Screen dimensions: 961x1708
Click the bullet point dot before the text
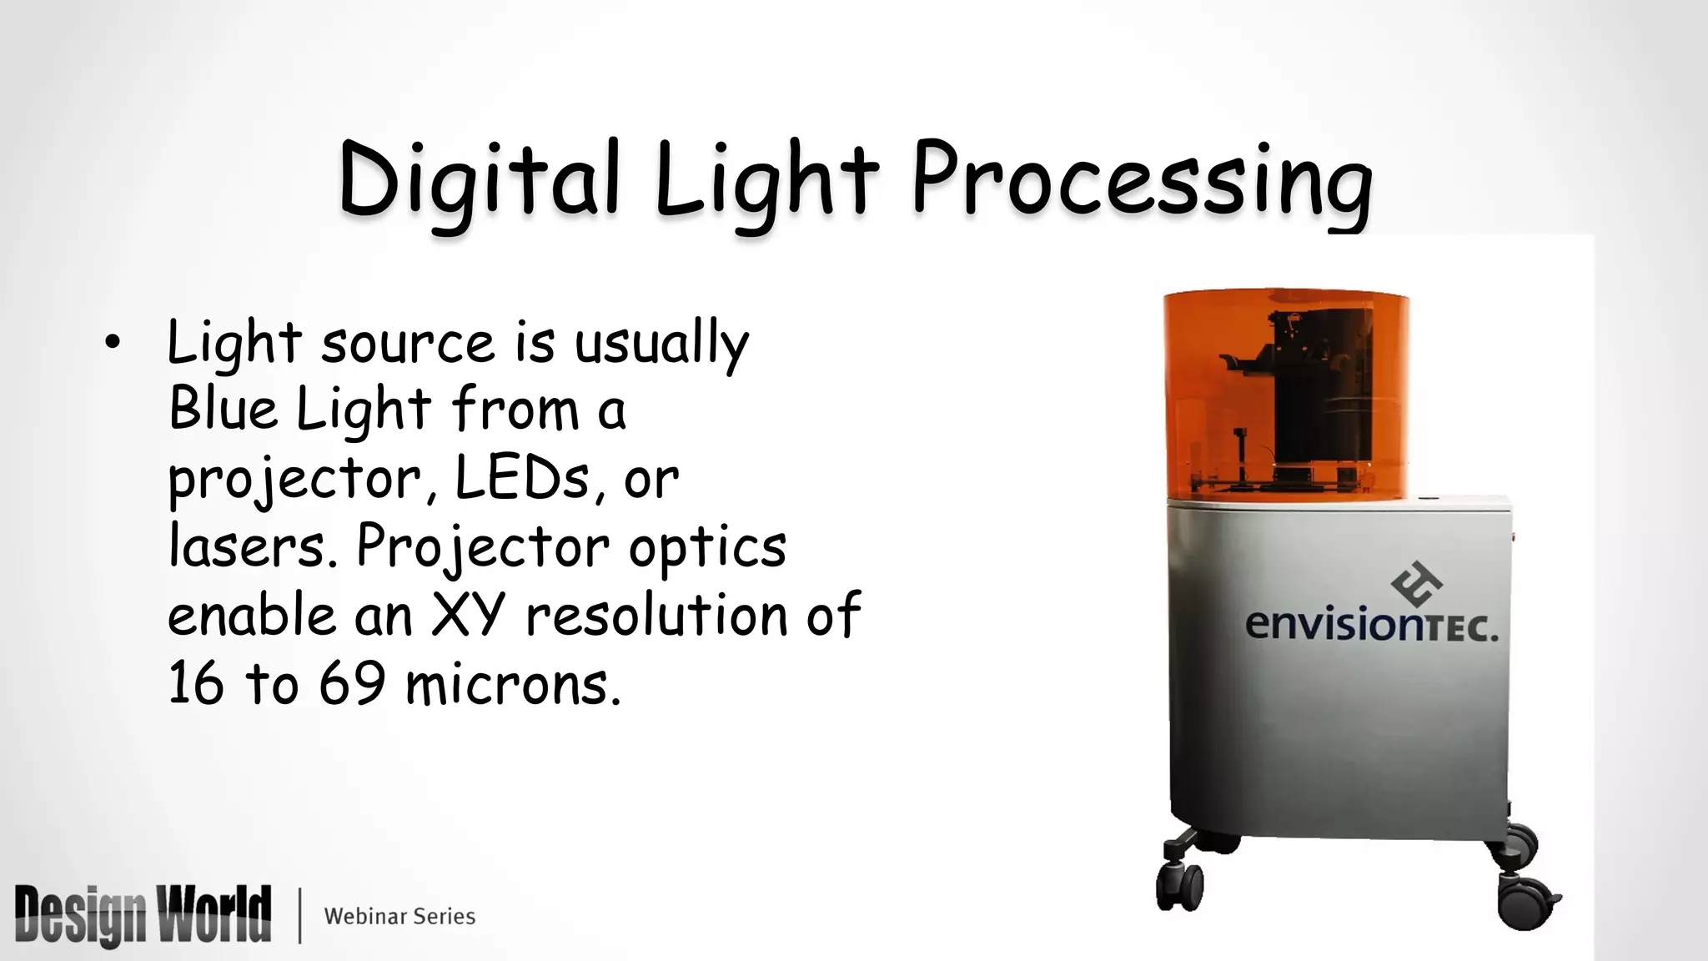113,345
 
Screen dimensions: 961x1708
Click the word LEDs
522,479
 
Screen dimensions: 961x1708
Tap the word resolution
656,616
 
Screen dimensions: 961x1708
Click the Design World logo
143,915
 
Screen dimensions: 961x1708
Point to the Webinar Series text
399,916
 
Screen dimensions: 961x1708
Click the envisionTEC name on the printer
1371,625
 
